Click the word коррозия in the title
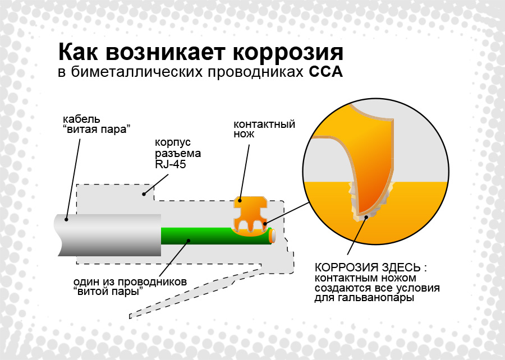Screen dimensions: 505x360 point(288,52)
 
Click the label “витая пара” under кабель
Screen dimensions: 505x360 point(97,130)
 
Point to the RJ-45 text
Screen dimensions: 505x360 point(171,164)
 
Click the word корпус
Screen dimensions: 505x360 point(173,142)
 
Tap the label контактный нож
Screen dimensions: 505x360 point(264,128)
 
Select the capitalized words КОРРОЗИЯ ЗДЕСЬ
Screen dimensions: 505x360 point(368,267)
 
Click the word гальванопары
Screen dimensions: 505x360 point(376,298)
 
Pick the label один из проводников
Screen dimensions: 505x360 point(130,282)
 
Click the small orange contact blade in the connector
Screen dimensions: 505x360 point(251,215)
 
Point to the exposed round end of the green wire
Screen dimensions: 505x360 point(273,236)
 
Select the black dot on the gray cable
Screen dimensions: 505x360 point(66,220)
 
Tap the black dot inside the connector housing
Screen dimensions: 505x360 point(144,194)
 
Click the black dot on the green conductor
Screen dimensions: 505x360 point(189,240)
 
